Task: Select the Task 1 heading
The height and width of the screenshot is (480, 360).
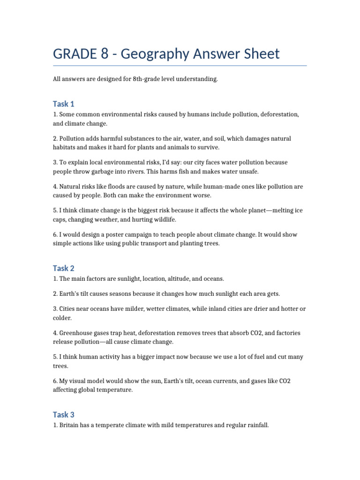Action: click(64, 104)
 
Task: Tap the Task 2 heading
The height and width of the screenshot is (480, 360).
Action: click(64, 268)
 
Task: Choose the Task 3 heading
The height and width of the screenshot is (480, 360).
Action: click(64, 414)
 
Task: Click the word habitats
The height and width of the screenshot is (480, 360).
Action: click(65, 147)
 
